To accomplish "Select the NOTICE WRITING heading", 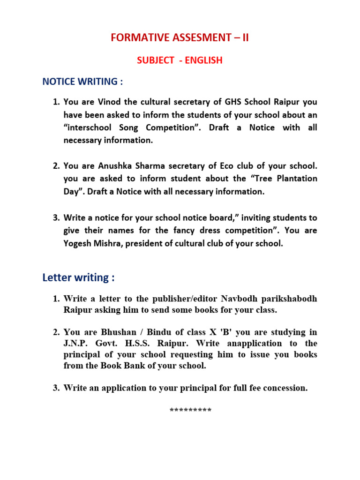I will tap(82, 82).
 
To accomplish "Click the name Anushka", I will tap(117, 166).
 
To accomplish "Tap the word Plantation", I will tap(296, 179).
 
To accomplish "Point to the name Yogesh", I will tap(78, 244).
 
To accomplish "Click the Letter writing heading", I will tap(78, 277).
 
